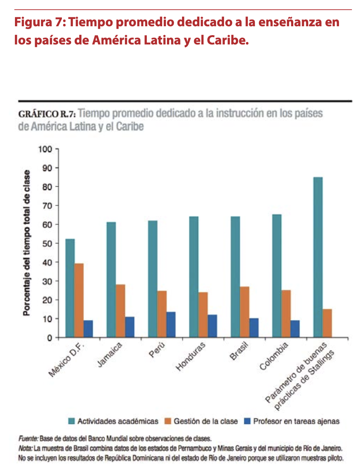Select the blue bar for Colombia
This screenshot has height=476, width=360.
coord(295,329)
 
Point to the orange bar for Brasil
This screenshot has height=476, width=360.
coord(244,312)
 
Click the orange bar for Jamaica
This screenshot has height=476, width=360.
coord(120,311)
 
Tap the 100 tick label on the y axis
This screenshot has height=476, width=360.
coord(46,149)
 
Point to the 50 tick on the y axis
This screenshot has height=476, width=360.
coord(48,243)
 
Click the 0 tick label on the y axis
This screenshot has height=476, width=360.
coord(50,338)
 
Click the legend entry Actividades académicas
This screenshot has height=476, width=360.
coord(118,421)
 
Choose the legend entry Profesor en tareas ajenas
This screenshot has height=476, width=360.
coord(296,421)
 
